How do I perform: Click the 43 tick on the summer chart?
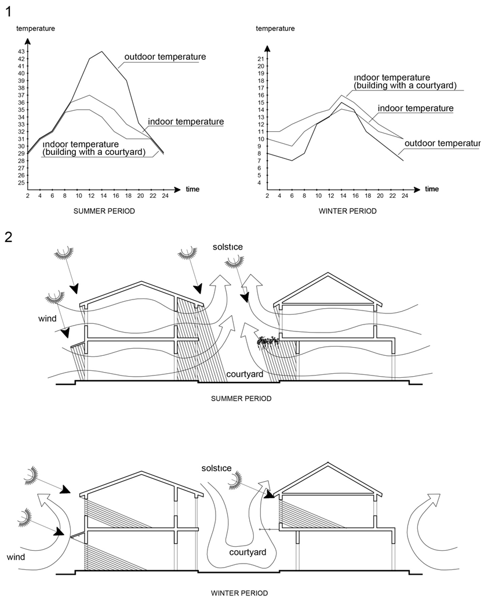(x=21, y=52)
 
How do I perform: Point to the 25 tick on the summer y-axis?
(x=21, y=182)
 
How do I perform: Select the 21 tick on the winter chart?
(x=261, y=59)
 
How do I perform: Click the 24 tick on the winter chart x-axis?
(x=405, y=196)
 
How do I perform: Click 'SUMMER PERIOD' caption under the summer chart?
(x=104, y=211)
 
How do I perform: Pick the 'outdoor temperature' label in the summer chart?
(x=165, y=57)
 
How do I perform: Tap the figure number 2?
(x=8, y=237)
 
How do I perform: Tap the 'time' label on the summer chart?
(x=192, y=189)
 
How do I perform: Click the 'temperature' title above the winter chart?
(x=275, y=28)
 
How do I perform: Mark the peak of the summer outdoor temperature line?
(x=102, y=52)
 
